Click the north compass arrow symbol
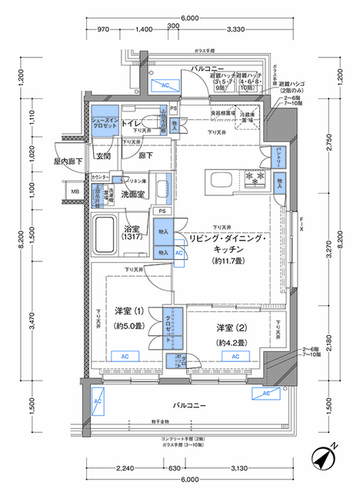(x=324, y=458)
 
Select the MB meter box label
(x=75, y=191)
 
